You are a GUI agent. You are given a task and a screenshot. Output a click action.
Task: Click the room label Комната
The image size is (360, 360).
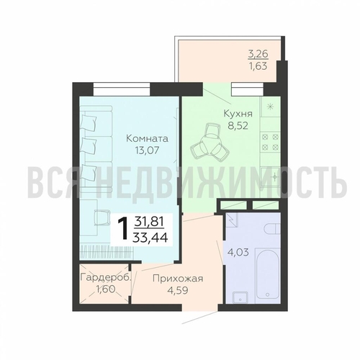[147, 138]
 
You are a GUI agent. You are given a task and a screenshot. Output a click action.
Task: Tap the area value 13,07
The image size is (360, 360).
[147, 150]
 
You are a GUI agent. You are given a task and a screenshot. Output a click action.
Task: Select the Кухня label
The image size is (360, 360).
[238, 114]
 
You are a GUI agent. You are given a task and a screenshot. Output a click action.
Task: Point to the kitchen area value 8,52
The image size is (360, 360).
[238, 126]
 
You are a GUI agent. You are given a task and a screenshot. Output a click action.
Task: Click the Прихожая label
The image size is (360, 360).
[178, 279]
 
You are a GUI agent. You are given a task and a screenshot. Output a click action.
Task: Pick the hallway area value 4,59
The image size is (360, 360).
[178, 290]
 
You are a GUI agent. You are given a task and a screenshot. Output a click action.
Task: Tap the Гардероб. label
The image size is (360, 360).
[106, 278]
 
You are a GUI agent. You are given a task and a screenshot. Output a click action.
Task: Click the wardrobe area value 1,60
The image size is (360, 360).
[105, 289]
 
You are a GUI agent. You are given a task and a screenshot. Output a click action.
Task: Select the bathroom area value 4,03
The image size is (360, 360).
[238, 253]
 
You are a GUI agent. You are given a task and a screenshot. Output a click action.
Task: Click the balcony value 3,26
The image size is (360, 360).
[258, 54]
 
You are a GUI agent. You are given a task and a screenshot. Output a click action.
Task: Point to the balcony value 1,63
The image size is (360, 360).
[258, 66]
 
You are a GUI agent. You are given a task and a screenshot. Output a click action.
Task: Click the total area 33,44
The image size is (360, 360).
[151, 238]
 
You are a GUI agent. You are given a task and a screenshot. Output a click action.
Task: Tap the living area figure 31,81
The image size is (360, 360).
[149, 220]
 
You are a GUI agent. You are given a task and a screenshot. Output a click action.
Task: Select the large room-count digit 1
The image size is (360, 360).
[124, 228]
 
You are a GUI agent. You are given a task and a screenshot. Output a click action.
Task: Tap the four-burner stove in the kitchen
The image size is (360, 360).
[271, 142]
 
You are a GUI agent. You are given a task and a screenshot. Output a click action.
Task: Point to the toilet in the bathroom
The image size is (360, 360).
[272, 228]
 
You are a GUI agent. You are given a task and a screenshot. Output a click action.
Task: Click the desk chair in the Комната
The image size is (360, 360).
[102, 217]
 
